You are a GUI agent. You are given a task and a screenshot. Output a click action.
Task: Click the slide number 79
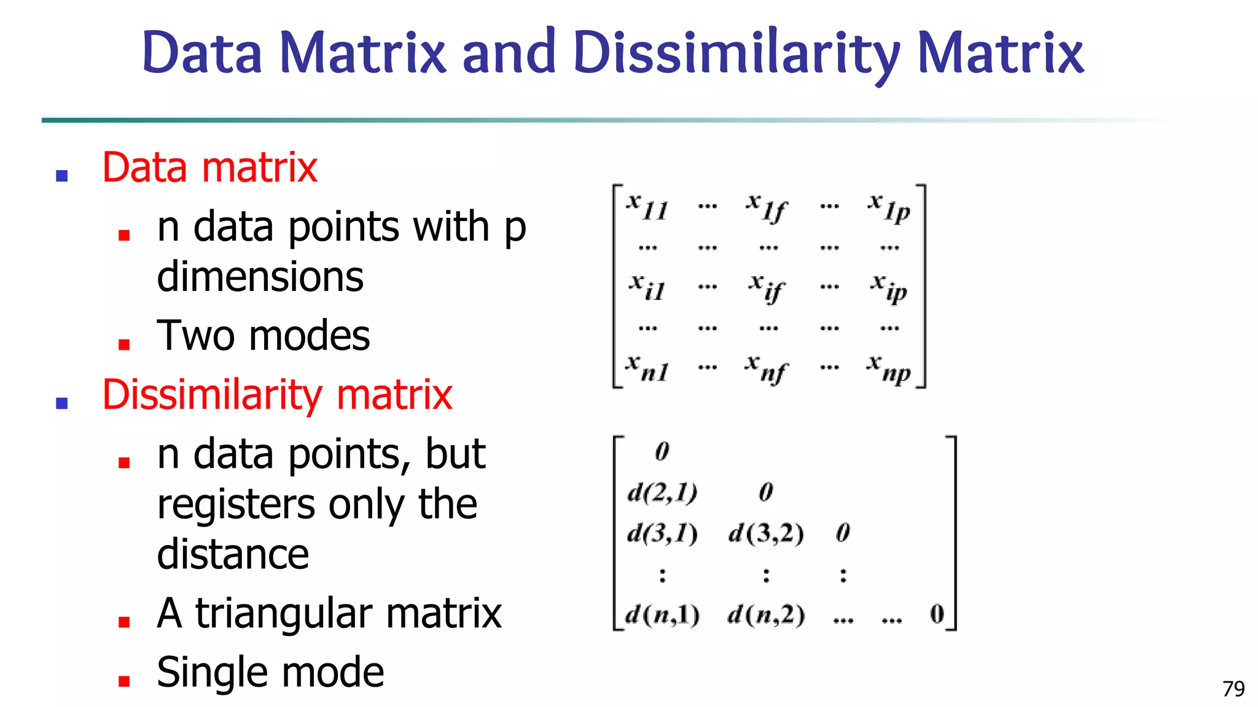pos(1233,689)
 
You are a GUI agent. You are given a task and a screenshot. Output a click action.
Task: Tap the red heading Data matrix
pos(209,168)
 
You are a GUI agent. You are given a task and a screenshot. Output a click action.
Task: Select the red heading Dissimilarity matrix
pos(277,395)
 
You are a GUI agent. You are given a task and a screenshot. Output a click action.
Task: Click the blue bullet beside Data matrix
pos(61,176)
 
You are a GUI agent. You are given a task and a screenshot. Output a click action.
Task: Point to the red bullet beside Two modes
pos(124,344)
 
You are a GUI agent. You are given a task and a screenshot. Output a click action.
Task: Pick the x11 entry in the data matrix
pos(647,206)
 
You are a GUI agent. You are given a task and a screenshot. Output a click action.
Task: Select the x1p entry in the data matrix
pos(889,207)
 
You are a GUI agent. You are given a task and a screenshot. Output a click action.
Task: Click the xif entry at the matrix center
pos(767,288)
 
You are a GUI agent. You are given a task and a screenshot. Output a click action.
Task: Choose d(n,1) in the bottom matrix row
pos(662,615)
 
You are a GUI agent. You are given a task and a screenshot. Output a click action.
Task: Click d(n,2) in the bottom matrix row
pos(766,615)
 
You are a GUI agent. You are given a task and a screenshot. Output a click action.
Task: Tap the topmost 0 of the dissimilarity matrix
pos(662,452)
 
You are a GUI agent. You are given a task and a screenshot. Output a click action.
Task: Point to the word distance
pos(233,554)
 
